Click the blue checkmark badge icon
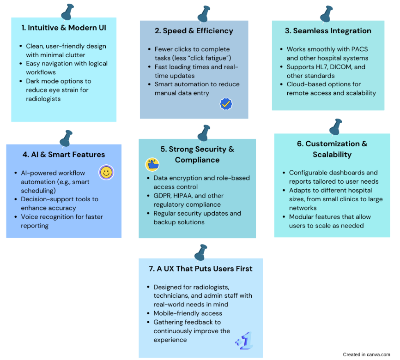tap(226, 104)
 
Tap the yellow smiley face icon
tap(106, 172)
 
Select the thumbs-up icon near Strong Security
tap(152, 164)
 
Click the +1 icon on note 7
tap(244, 340)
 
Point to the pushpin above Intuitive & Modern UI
tap(67, 12)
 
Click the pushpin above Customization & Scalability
tap(335, 127)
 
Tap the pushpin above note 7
tap(200, 252)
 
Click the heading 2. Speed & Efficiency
tap(194, 31)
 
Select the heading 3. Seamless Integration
tap(328, 31)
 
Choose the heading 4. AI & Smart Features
tap(64, 155)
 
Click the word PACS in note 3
tap(360, 49)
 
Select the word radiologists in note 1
tap(43, 99)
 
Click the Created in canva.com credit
tap(366, 354)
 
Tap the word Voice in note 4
tap(29, 217)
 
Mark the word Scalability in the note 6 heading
tap(332, 155)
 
